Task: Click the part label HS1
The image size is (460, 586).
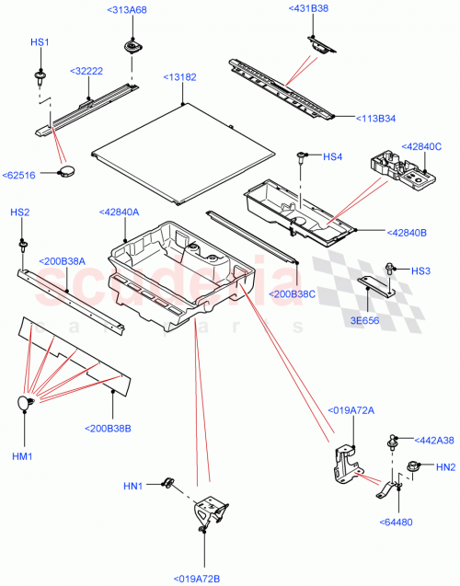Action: [x=40, y=43]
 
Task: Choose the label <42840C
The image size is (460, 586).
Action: [x=420, y=145]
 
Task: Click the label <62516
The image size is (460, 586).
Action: [x=21, y=175]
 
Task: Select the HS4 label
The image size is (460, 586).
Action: [x=332, y=157]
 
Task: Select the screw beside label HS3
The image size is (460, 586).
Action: [x=392, y=270]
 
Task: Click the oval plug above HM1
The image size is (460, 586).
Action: [x=23, y=403]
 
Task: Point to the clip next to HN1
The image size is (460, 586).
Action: [x=169, y=482]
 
